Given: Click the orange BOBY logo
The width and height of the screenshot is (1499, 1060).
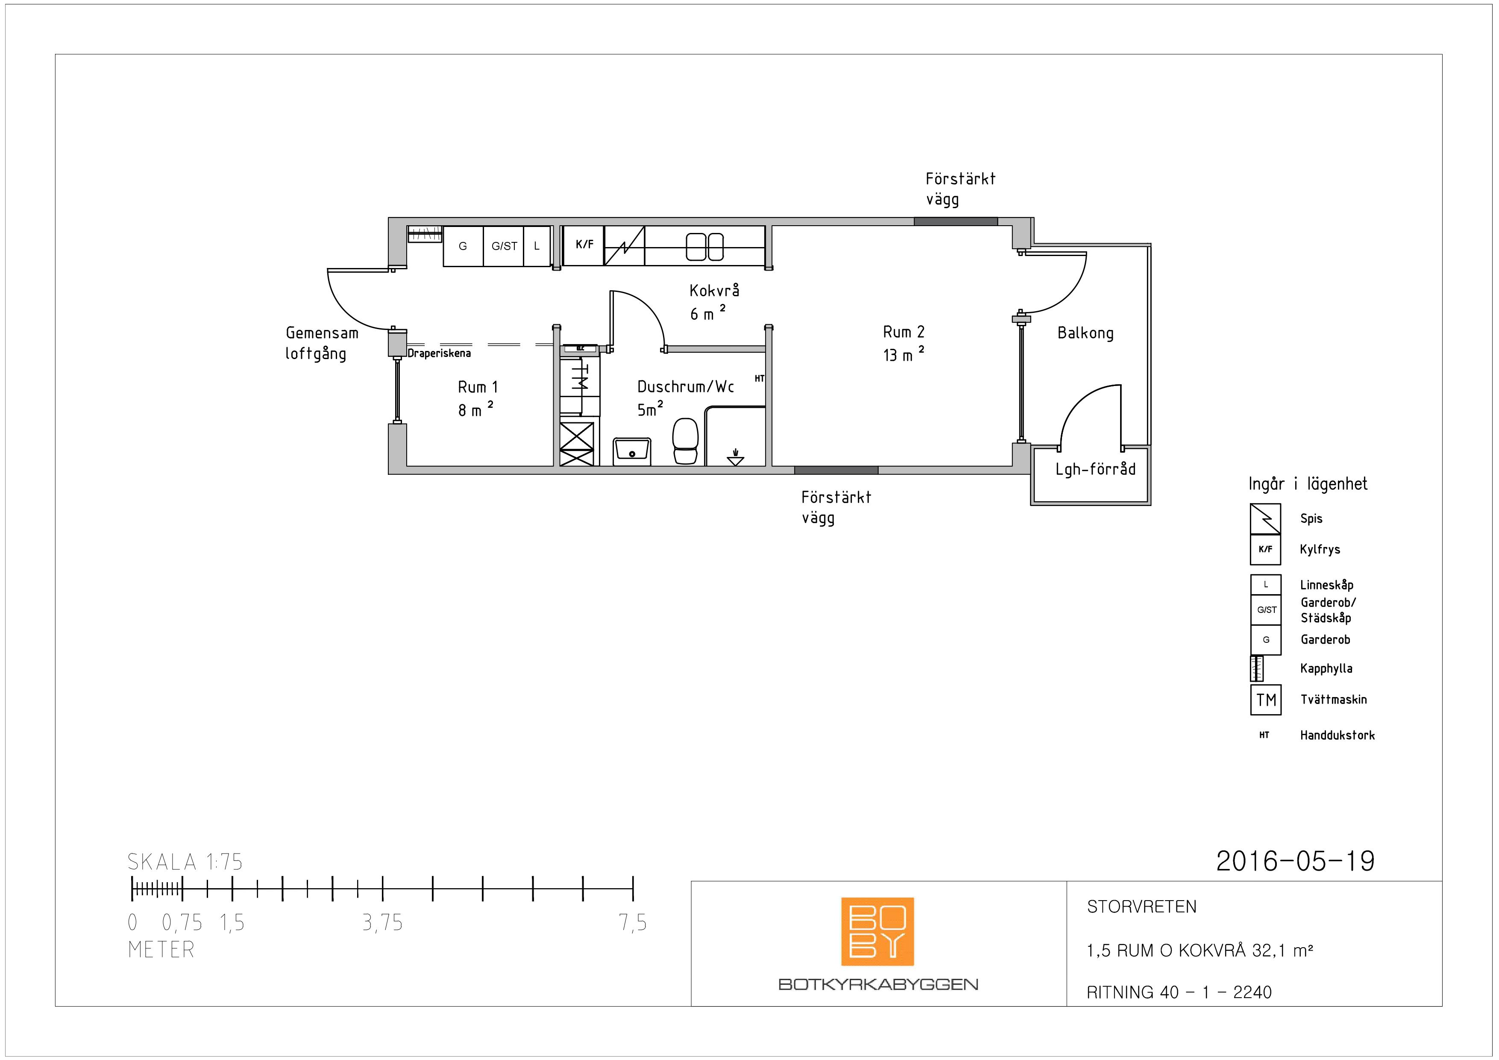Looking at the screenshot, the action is coord(877,931).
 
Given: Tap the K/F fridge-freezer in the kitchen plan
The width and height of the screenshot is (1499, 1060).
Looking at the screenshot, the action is coord(583,246).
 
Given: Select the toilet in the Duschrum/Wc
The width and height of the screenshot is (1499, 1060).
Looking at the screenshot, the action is coord(685,441).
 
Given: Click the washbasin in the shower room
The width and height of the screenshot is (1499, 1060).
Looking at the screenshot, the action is coord(632,451).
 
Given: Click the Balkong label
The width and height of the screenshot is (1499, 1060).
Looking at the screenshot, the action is coord(1085,333).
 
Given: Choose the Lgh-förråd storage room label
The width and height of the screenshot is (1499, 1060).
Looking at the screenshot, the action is coord(1096,469).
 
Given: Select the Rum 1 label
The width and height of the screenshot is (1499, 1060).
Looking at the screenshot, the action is coord(478,387).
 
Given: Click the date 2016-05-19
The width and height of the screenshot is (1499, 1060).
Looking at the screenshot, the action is coord(1295,861).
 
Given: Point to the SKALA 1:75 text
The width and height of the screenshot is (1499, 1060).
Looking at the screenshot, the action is coord(185,862).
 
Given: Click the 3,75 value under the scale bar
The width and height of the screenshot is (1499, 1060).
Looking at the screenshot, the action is coord(383,923).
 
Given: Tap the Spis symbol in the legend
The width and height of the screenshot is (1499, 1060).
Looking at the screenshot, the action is coord(1265,518).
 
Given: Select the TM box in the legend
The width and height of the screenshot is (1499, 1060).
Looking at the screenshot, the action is coord(1266,700).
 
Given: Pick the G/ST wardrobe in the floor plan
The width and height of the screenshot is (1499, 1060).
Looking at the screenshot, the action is coord(503,246).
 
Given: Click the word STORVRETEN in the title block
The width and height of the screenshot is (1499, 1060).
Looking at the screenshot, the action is coord(1141,907).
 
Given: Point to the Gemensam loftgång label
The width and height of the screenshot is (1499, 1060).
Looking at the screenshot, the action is coord(322,343).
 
